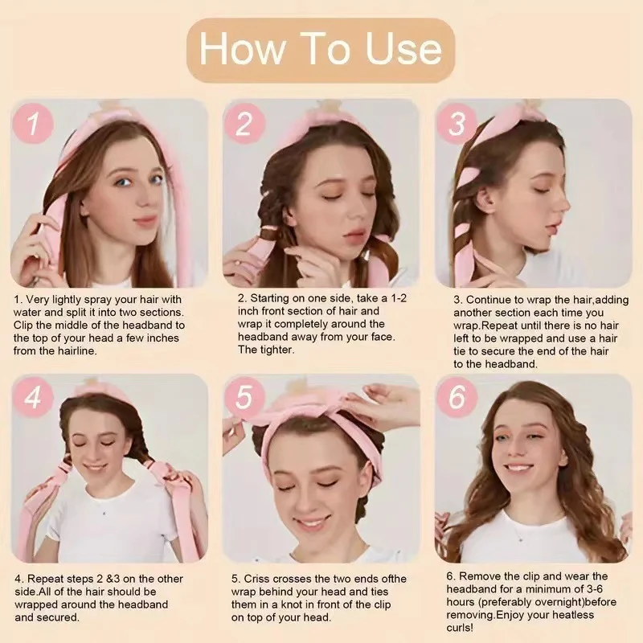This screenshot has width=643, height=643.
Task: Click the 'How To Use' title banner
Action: pos(320,50)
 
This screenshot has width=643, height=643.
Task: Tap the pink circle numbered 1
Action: pos(33,124)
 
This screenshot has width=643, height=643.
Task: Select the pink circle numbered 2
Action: pos(244,124)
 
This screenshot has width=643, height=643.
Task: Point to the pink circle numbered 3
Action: pos(457,124)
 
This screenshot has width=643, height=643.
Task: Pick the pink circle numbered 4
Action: pos(33,397)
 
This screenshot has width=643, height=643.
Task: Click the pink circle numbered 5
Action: pos(244,397)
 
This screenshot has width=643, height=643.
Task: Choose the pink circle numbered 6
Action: pos(457,397)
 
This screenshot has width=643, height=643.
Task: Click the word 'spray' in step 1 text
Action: pos(96,301)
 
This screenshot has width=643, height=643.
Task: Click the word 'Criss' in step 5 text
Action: pos(256,579)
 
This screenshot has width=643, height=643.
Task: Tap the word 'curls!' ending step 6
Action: pos(460,628)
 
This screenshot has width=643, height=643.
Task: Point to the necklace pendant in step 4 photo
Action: pos(104,513)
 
